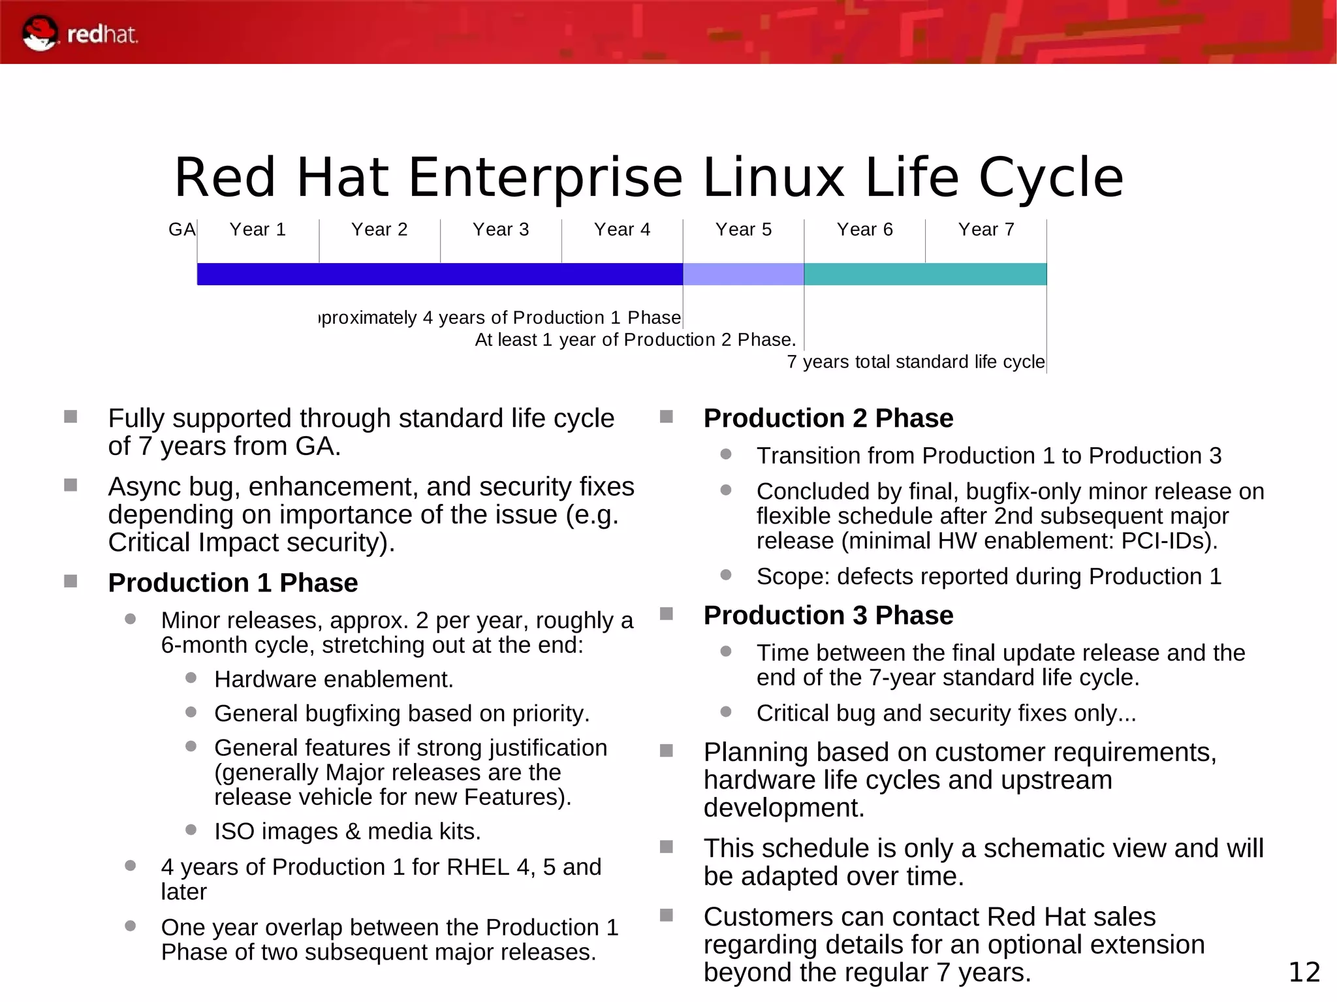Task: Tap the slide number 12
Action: coord(1304,973)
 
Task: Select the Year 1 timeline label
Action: coord(257,230)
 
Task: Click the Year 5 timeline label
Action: coord(743,230)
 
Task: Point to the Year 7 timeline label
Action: coord(986,230)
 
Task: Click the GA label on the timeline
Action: coord(181,230)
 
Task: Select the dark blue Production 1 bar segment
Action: coord(439,274)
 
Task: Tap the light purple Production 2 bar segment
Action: coord(743,274)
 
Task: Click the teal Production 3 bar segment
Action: coord(925,274)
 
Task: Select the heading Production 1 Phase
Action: coord(232,583)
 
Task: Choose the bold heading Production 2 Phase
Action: coord(828,418)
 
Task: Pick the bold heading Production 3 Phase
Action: coord(828,616)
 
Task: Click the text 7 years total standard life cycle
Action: coord(915,362)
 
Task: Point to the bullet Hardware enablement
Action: coord(334,680)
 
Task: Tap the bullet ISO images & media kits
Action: coord(347,832)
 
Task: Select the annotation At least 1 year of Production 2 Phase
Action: coord(635,340)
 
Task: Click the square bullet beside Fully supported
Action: coord(71,416)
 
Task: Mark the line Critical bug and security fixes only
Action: coord(946,713)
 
